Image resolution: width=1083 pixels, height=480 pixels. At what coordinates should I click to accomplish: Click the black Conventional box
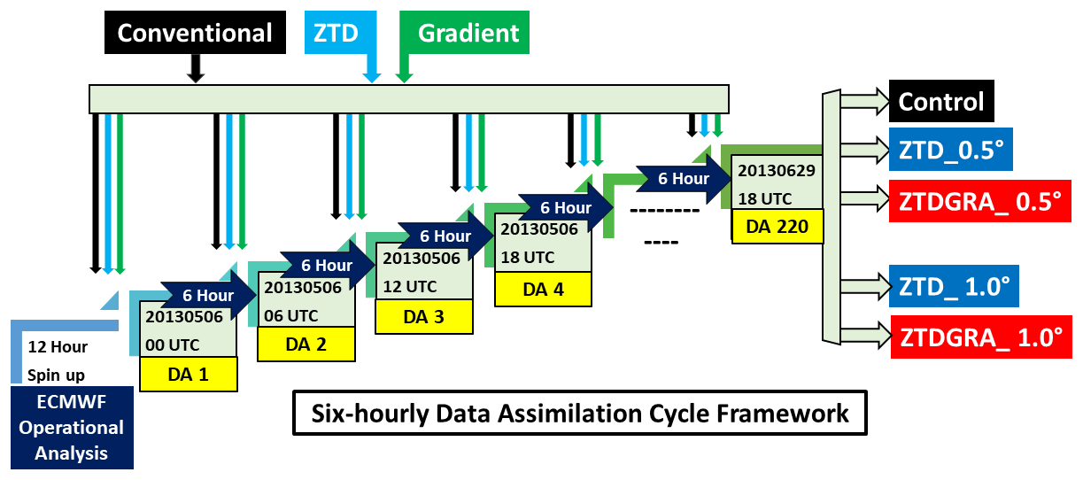point(195,33)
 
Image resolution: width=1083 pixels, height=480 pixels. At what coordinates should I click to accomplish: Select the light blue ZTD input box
point(340,33)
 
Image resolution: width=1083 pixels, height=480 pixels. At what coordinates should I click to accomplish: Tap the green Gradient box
point(465,33)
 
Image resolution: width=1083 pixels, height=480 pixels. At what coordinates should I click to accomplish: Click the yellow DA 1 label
point(189,374)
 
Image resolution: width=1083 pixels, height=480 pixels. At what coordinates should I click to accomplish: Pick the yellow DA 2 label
point(306,345)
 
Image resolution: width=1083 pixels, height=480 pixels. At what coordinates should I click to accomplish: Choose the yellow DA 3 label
point(424,317)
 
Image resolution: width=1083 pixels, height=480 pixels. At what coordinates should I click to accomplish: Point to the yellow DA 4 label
point(543,289)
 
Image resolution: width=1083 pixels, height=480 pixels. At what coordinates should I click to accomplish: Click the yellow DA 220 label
point(777,226)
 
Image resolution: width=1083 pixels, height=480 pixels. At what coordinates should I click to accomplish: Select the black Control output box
point(941,101)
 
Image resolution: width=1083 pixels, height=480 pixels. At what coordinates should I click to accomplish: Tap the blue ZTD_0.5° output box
point(950,150)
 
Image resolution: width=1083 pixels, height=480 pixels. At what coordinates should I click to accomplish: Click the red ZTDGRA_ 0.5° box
point(980,201)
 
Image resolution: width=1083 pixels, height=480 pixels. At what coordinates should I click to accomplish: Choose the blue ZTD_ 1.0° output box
point(954,286)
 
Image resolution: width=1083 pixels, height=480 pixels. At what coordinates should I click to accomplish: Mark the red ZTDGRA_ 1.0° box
point(981,337)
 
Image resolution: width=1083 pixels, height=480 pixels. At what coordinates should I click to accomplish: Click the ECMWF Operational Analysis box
point(72,428)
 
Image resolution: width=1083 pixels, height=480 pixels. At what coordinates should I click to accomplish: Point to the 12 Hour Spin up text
point(58,360)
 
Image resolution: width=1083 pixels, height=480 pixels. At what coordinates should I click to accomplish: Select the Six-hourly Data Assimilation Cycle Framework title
point(580,414)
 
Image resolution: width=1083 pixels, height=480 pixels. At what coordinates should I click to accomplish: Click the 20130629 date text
point(777,171)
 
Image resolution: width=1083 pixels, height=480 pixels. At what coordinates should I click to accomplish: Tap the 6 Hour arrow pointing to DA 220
point(683,179)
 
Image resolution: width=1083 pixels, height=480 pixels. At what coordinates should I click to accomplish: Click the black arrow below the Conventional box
point(196,68)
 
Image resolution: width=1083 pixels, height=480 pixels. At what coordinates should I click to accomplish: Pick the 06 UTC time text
point(291,315)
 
